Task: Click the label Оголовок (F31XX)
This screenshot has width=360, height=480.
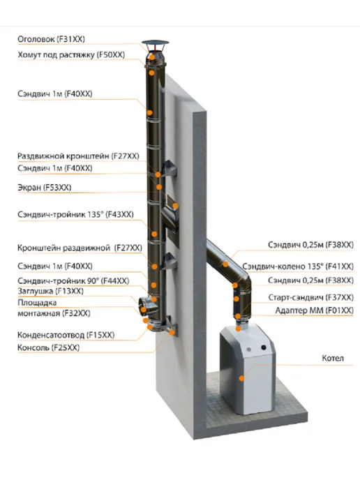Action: (51, 39)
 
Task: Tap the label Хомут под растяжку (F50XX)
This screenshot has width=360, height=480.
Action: (71, 55)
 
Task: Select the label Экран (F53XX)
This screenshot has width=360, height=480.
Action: (45, 188)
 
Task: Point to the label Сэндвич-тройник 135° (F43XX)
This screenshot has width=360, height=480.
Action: (75, 214)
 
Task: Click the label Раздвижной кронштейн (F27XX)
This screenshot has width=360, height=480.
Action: (78, 156)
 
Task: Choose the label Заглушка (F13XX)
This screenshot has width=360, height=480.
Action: (50, 291)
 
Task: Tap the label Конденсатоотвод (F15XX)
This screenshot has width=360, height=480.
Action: (66, 335)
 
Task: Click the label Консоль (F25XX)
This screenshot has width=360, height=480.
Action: (48, 347)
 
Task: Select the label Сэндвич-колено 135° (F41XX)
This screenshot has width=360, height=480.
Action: (298, 267)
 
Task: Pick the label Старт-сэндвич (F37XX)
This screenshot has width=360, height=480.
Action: (310, 297)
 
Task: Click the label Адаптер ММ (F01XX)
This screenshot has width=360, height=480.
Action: (315, 310)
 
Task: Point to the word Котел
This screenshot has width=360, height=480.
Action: (333, 358)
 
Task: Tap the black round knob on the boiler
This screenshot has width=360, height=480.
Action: (263, 347)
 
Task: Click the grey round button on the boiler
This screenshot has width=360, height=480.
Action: (249, 350)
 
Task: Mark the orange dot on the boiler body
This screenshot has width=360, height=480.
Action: (242, 378)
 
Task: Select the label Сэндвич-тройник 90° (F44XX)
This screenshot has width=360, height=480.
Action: (73, 280)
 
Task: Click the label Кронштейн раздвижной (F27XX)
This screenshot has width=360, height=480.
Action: (80, 248)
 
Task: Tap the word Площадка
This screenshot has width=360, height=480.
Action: (37, 303)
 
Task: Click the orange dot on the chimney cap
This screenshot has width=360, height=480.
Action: (152, 57)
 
